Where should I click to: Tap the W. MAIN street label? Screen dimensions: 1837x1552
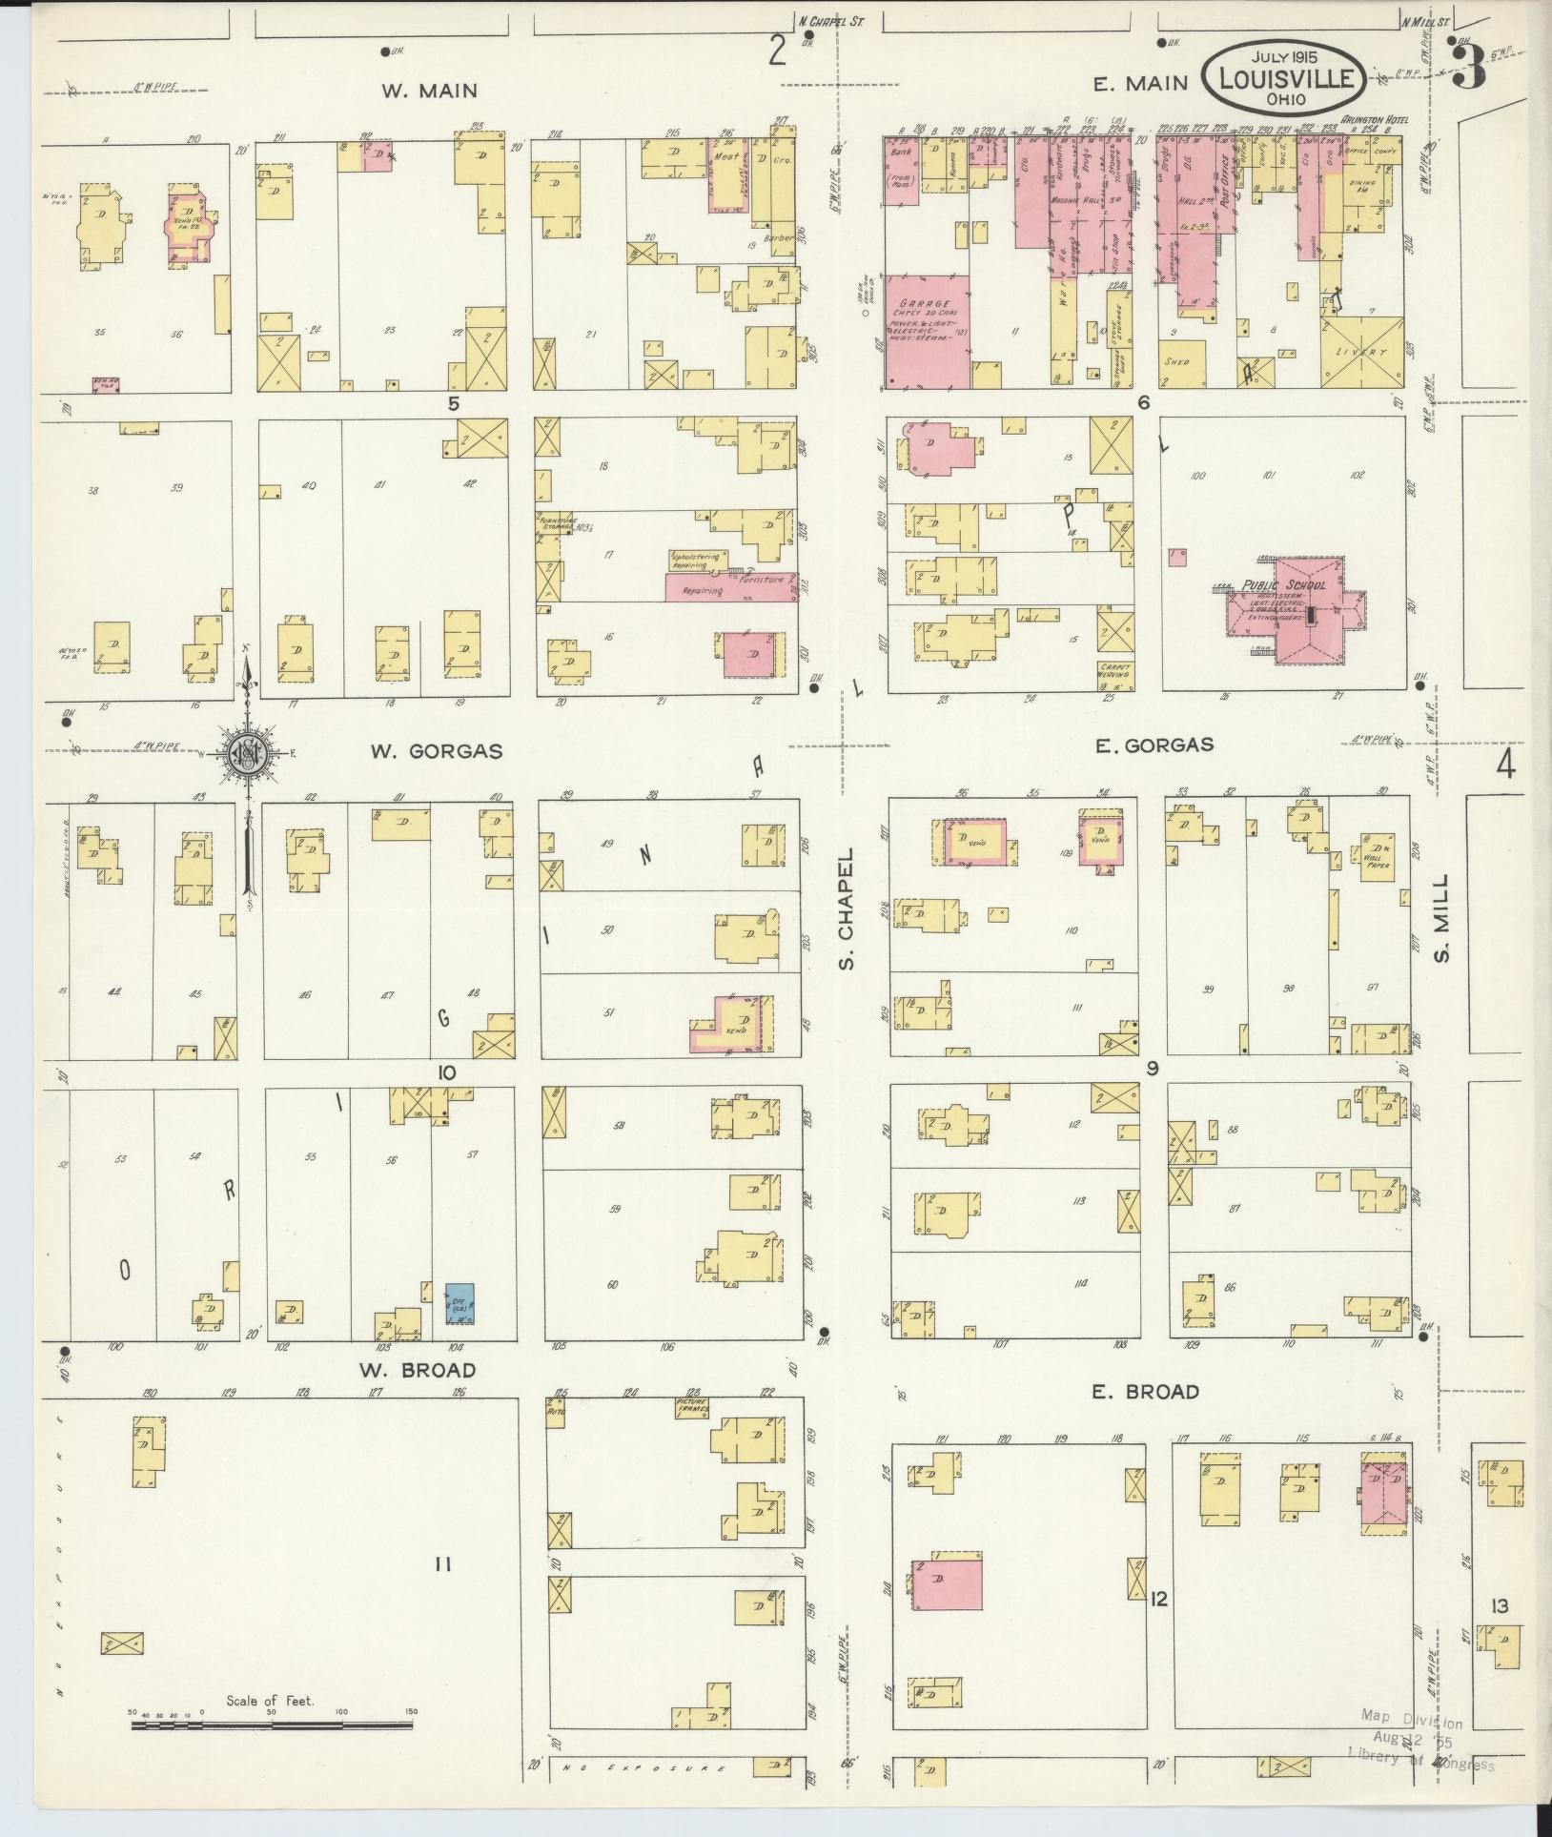coord(429,92)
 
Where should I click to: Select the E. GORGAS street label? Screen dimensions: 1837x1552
coord(1154,745)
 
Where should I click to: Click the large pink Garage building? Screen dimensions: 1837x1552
coord(927,332)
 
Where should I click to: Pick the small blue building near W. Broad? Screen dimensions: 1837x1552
coord(461,1304)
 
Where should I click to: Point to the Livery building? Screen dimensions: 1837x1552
coord(1362,352)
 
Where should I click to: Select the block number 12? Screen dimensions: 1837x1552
coord(1158,1598)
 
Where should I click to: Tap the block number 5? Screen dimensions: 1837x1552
coord(454,403)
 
